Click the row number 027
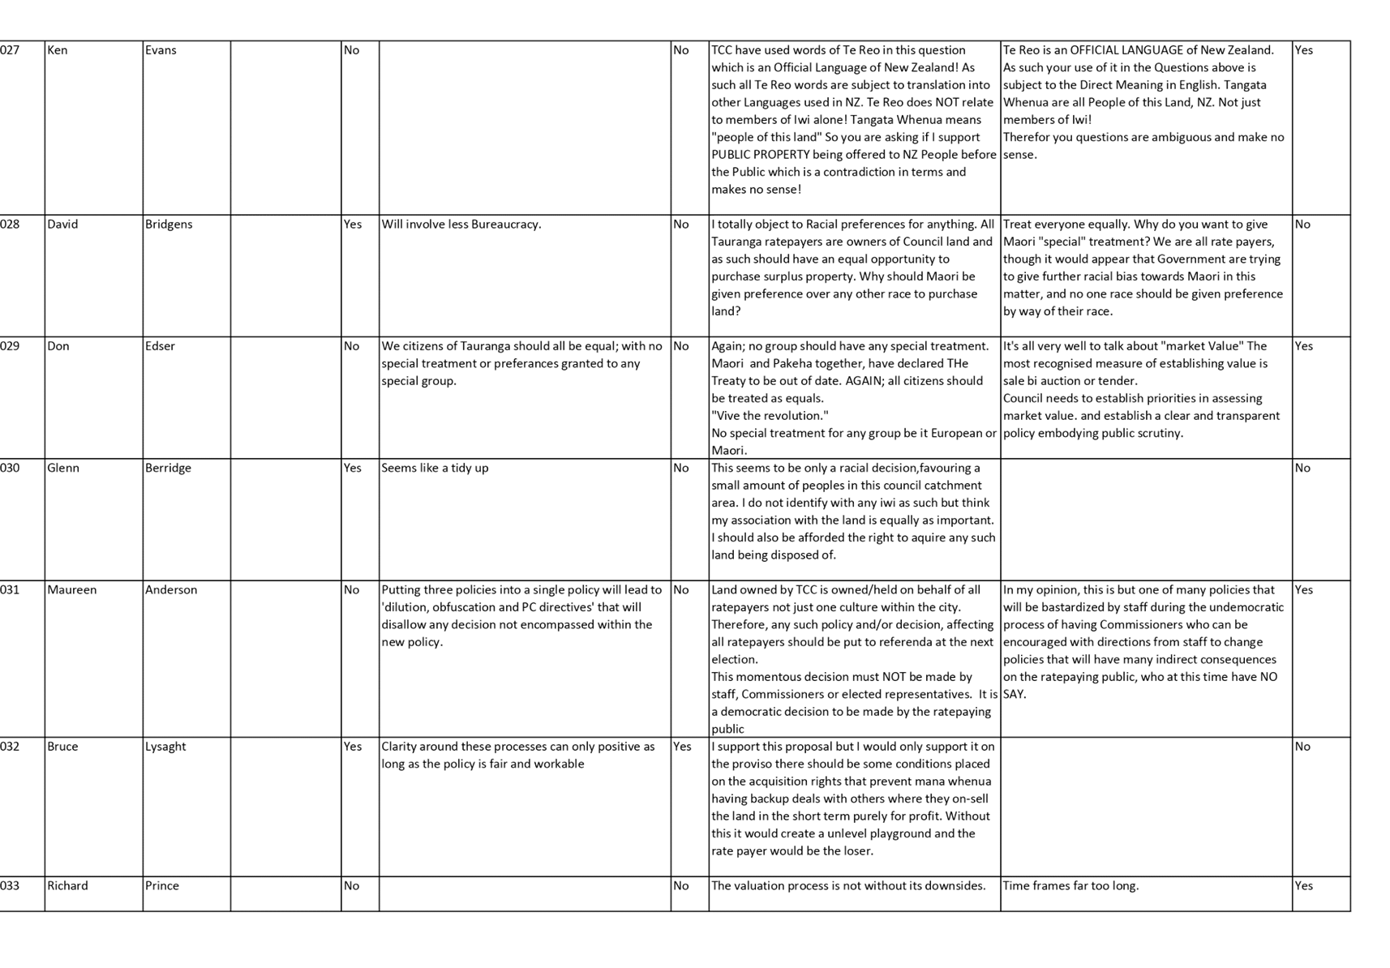click(x=10, y=50)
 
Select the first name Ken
click(x=57, y=50)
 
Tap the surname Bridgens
click(x=169, y=225)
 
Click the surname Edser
click(x=160, y=346)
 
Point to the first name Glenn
click(x=63, y=468)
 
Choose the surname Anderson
click(x=171, y=590)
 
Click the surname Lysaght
click(x=165, y=747)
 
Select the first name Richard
click(x=67, y=886)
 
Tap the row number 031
click(x=10, y=590)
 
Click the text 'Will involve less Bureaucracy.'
click(x=461, y=225)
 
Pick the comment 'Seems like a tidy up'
click(x=435, y=469)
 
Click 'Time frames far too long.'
click(x=1071, y=886)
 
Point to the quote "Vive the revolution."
click(x=770, y=416)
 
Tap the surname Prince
click(x=162, y=886)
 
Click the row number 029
click(x=10, y=346)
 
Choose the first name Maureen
click(x=72, y=590)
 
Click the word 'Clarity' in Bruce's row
click(x=401, y=747)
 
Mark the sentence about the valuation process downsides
click(x=848, y=886)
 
